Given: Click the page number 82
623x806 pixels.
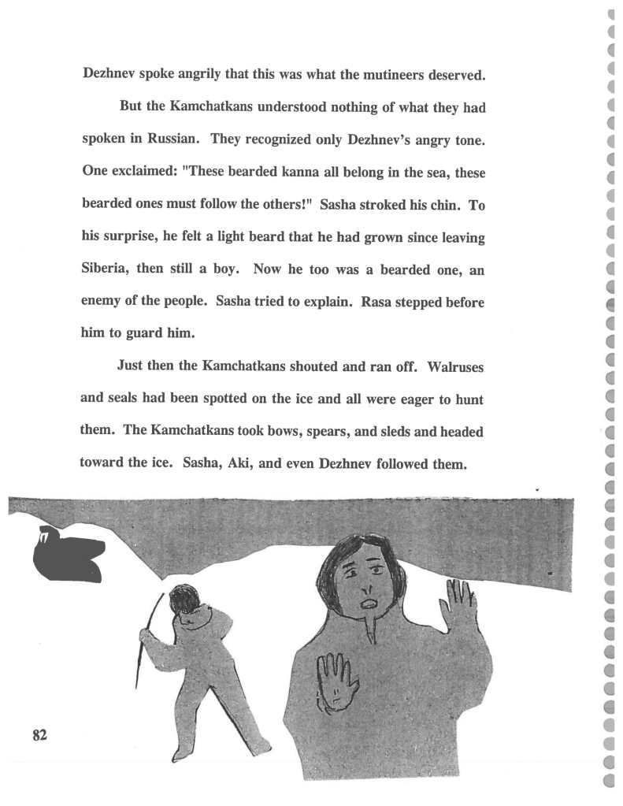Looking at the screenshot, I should (40, 734).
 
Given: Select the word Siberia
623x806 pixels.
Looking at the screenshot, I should (106, 268).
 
